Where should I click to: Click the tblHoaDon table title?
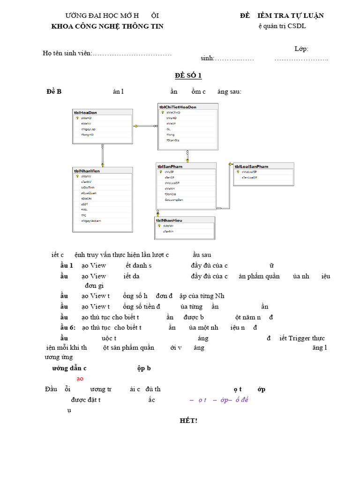click(85, 112)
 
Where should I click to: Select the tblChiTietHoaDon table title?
click(178, 107)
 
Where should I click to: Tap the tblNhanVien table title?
click(87, 171)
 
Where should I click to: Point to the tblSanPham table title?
click(170, 166)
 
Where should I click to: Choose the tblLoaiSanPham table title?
click(251, 166)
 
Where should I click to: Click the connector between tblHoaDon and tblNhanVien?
click(102, 155)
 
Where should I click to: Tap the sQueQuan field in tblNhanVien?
click(89, 193)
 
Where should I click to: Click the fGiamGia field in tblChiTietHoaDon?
click(173, 140)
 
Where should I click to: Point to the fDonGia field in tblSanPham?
click(170, 194)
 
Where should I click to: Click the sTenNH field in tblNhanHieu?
click(168, 232)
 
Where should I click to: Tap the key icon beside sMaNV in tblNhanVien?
click(77, 177)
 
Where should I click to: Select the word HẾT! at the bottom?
click(188, 420)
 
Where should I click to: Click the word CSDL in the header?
click(297, 26)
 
